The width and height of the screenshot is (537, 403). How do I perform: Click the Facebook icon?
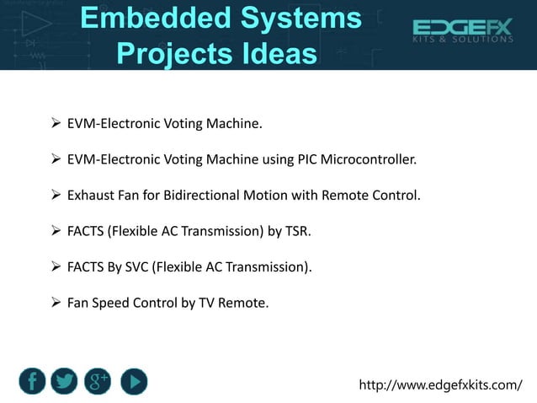(x=32, y=381)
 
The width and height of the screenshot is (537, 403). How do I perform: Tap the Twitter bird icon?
(x=66, y=381)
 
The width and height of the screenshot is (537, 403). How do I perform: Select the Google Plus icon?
(x=98, y=381)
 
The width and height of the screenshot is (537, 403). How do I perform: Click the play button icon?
(x=133, y=381)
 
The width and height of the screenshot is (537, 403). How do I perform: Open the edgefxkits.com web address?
(x=440, y=385)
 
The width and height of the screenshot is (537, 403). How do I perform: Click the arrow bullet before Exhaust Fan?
(x=56, y=196)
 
